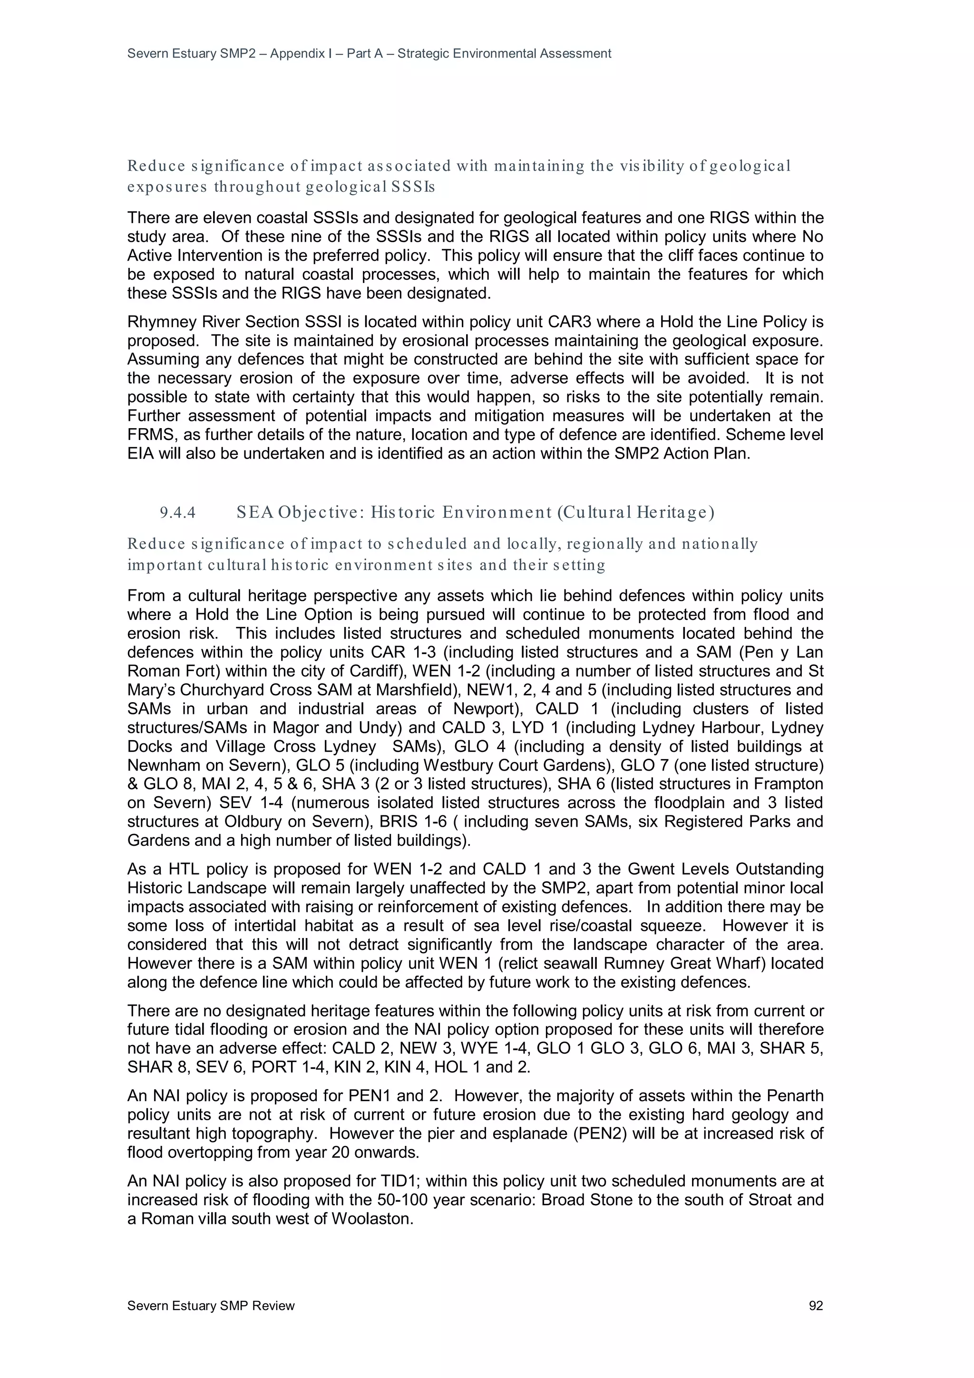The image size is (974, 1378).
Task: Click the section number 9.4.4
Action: (x=178, y=513)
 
